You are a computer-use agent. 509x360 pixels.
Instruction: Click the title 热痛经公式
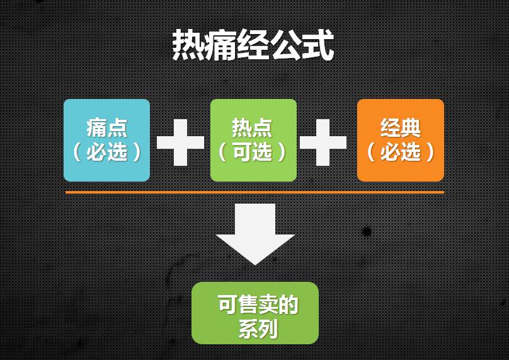click(x=253, y=46)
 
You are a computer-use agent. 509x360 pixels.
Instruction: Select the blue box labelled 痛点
click(x=106, y=140)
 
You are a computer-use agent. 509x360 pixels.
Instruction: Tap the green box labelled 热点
click(x=253, y=140)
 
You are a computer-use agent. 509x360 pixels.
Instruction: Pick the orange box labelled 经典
click(x=401, y=140)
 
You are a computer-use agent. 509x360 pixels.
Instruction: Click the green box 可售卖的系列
click(x=255, y=313)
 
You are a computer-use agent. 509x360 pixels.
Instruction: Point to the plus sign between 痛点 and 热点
click(x=180, y=142)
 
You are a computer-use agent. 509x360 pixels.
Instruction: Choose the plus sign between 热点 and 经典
click(x=323, y=142)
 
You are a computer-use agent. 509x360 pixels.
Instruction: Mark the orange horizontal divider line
click(x=254, y=192)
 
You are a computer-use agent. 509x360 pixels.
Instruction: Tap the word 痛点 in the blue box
click(x=106, y=128)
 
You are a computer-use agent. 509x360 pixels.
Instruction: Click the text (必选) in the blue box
click(x=106, y=152)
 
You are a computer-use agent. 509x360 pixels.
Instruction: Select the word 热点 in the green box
click(x=252, y=128)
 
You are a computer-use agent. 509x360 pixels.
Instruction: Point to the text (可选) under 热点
click(x=252, y=152)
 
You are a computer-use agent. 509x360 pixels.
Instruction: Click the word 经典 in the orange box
click(x=401, y=128)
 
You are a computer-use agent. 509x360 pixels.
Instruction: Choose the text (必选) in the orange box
click(x=401, y=152)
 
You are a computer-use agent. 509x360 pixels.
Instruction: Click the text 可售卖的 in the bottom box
click(x=258, y=305)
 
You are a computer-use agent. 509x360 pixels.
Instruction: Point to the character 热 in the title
click(x=188, y=46)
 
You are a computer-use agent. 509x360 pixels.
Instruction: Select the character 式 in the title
click(x=318, y=46)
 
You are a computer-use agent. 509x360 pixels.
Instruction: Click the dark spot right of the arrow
click(x=367, y=231)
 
